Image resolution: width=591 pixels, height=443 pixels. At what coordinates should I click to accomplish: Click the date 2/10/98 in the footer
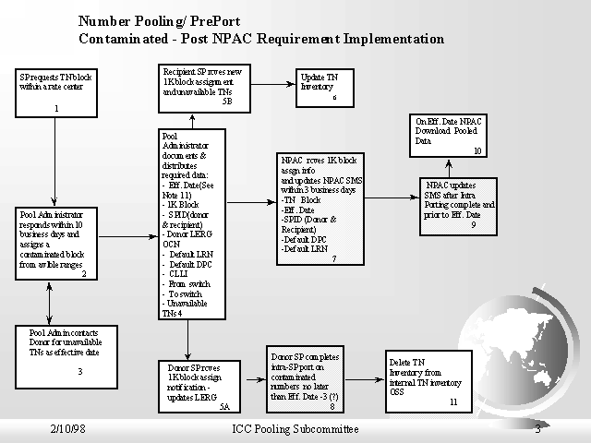pos(69,430)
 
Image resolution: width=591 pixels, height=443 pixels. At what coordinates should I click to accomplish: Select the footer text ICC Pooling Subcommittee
pos(295,430)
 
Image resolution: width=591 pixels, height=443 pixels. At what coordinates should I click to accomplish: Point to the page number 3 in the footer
pos(537,429)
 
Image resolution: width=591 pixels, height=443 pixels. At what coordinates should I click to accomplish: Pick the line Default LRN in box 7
pos(308,249)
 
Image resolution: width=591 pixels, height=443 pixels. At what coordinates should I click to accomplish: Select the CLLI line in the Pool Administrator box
pos(176,273)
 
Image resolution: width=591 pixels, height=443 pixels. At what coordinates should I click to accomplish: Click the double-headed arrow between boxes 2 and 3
pos(47,300)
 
